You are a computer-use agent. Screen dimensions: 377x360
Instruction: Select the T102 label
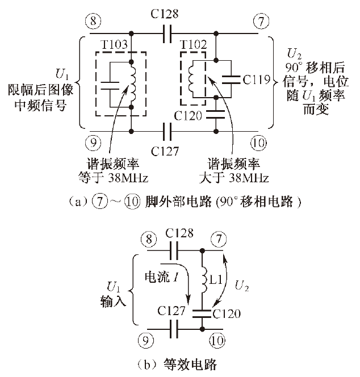point(192,45)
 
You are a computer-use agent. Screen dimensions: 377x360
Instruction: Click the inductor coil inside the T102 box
point(194,79)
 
